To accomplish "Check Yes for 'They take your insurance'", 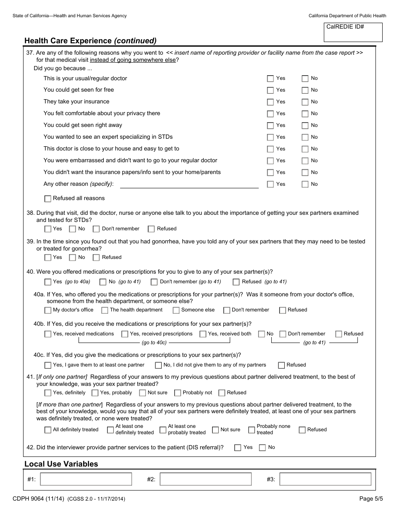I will tap(270, 102).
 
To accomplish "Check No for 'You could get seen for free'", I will tap(305, 90).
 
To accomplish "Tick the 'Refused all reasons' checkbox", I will tap(48, 198).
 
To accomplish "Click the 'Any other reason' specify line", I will tap(189, 184).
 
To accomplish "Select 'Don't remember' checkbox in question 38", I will tap(96, 229).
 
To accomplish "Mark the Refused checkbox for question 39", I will tap(96, 258).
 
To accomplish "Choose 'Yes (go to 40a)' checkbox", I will tap(48, 282).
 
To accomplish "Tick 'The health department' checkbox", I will tap(104, 310).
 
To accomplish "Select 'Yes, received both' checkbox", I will tap(203, 334).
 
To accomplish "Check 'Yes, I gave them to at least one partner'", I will tap(48, 365).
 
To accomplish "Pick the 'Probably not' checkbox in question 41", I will tap(177, 393).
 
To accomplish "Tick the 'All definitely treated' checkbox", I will tap(48, 430).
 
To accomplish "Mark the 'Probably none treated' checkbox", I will tap(252, 430).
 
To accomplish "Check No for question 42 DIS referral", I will tap(262, 448).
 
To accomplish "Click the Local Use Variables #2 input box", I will tap(206, 479).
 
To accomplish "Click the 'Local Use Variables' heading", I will tap(61, 464).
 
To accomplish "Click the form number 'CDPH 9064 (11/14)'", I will tap(39, 499).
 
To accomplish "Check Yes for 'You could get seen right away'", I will tap(270, 126).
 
